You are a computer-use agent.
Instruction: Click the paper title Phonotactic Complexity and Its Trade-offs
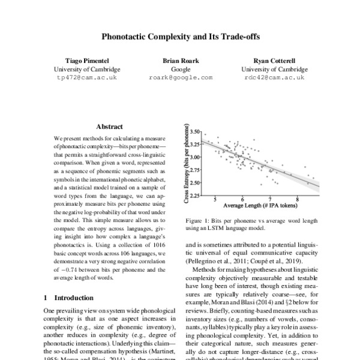click(179, 35)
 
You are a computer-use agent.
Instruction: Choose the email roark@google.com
click(180, 78)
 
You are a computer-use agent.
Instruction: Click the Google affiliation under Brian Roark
click(180, 70)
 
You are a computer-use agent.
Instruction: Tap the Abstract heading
click(109, 127)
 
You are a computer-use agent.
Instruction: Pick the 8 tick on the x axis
click(298, 200)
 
